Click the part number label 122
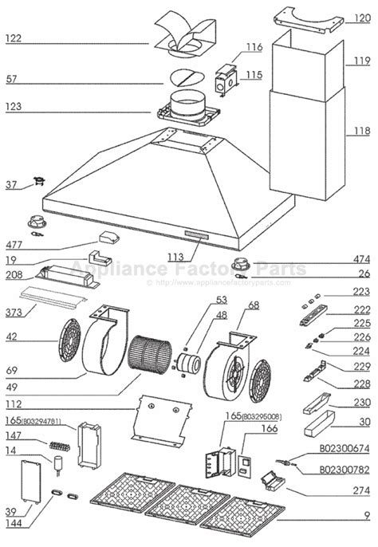point(15,37)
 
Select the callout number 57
point(13,79)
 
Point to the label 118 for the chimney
point(362,131)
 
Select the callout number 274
point(362,490)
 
